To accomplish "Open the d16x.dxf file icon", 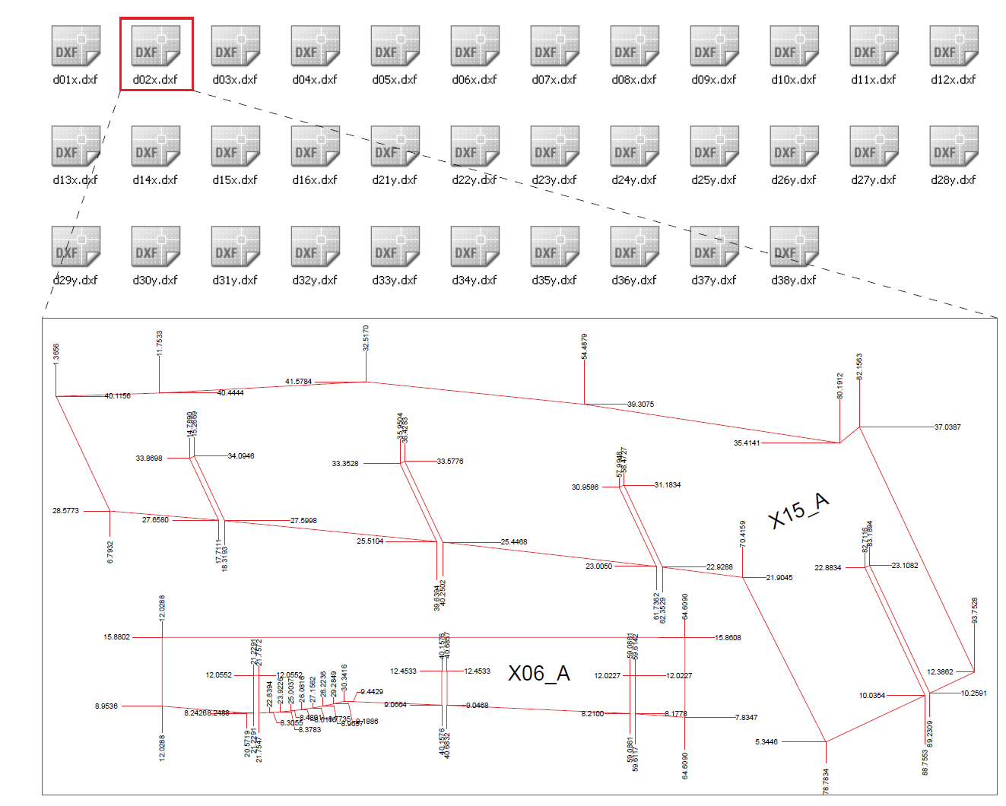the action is pyautogui.click(x=316, y=146).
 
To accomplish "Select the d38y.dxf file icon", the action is pyautogui.click(x=795, y=246).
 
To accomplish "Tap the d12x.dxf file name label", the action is pyautogui.click(x=954, y=80).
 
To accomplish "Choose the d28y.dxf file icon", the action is pyautogui.click(x=954, y=146).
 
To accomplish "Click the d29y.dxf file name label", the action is pyautogui.click(x=76, y=281).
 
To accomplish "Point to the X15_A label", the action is pyautogui.click(x=798, y=510).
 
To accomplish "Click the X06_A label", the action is pyautogui.click(x=539, y=674).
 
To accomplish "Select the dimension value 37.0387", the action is pyautogui.click(x=947, y=427).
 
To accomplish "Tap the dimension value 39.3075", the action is pyautogui.click(x=640, y=405).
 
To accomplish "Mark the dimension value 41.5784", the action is pyautogui.click(x=298, y=382).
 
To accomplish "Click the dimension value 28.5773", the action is pyautogui.click(x=65, y=511).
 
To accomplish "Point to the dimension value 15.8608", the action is pyautogui.click(x=728, y=638).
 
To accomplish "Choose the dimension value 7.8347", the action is pyautogui.click(x=746, y=718).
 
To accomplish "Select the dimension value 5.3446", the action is pyautogui.click(x=766, y=742).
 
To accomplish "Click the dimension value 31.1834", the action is pyautogui.click(x=668, y=485).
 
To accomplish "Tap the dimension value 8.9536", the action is pyautogui.click(x=106, y=706).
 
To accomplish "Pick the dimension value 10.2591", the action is pyautogui.click(x=973, y=693).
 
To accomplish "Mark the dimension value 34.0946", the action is pyautogui.click(x=241, y=456).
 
